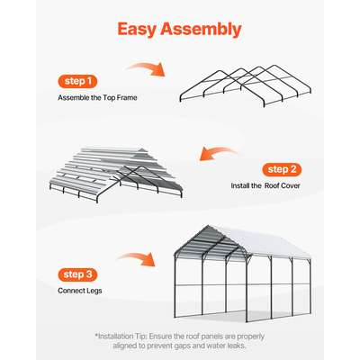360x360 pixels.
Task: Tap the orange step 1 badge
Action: pyautogui.click(x=78, y=80)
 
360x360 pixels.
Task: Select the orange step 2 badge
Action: pyautogui.click(x=283, y=169)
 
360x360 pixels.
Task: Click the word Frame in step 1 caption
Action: pyautogui.click(x=128, y=98)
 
